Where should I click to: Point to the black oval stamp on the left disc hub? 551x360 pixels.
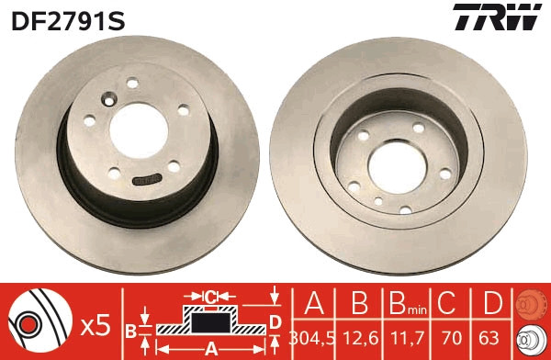coord(147,180)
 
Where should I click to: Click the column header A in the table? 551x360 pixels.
coord(314,305)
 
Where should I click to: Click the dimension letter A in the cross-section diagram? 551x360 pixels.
coord(210,348)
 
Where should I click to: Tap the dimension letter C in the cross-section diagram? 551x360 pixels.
coord(210,297)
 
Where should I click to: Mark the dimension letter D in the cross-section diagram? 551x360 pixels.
coord(274,320)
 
